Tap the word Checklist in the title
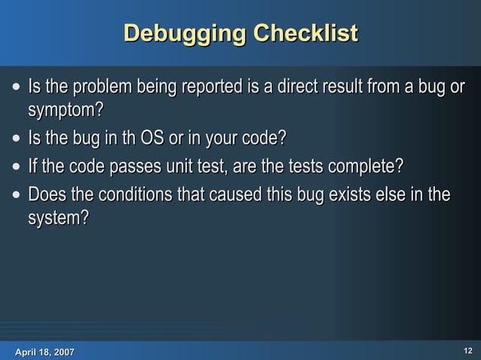pos(305,34)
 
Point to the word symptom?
pos(66,111)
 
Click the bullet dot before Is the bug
pos(17,140)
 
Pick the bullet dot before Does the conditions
pos(17,196)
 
